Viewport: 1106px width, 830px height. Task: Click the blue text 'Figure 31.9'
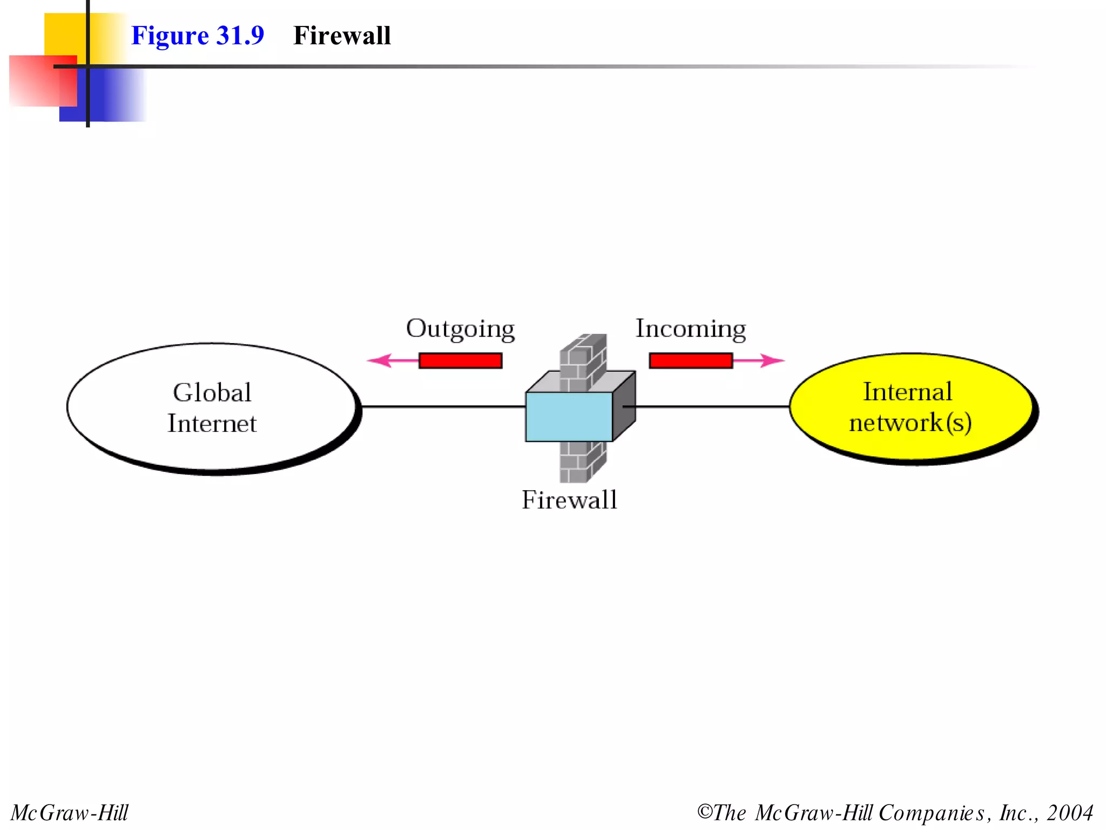pos(198,36)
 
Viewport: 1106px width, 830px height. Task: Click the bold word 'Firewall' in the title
pos(342,36)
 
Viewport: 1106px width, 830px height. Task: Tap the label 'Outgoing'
pos(460,329)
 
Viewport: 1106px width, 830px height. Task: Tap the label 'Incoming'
pos(690,329)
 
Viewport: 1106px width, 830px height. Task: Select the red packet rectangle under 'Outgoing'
pos(460,360)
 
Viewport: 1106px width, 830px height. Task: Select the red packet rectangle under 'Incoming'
pos(691,360)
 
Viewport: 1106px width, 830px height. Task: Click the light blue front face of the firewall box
pos(569,417)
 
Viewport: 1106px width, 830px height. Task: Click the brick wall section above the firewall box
pos(582,357)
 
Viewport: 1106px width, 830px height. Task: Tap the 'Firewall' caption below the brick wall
pos(569,500)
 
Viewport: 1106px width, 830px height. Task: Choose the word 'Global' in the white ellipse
pos(212,393)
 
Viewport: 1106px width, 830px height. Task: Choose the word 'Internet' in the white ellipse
pos(212,424)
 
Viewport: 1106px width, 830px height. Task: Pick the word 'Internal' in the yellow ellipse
pos(907,392)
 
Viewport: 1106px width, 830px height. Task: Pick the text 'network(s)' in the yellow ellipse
pos(910,423)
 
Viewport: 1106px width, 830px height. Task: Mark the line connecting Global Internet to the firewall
pos(443,406)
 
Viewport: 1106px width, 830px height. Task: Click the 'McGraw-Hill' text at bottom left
pos(70,813)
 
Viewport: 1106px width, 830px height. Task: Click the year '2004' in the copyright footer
pos(1070,813)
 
